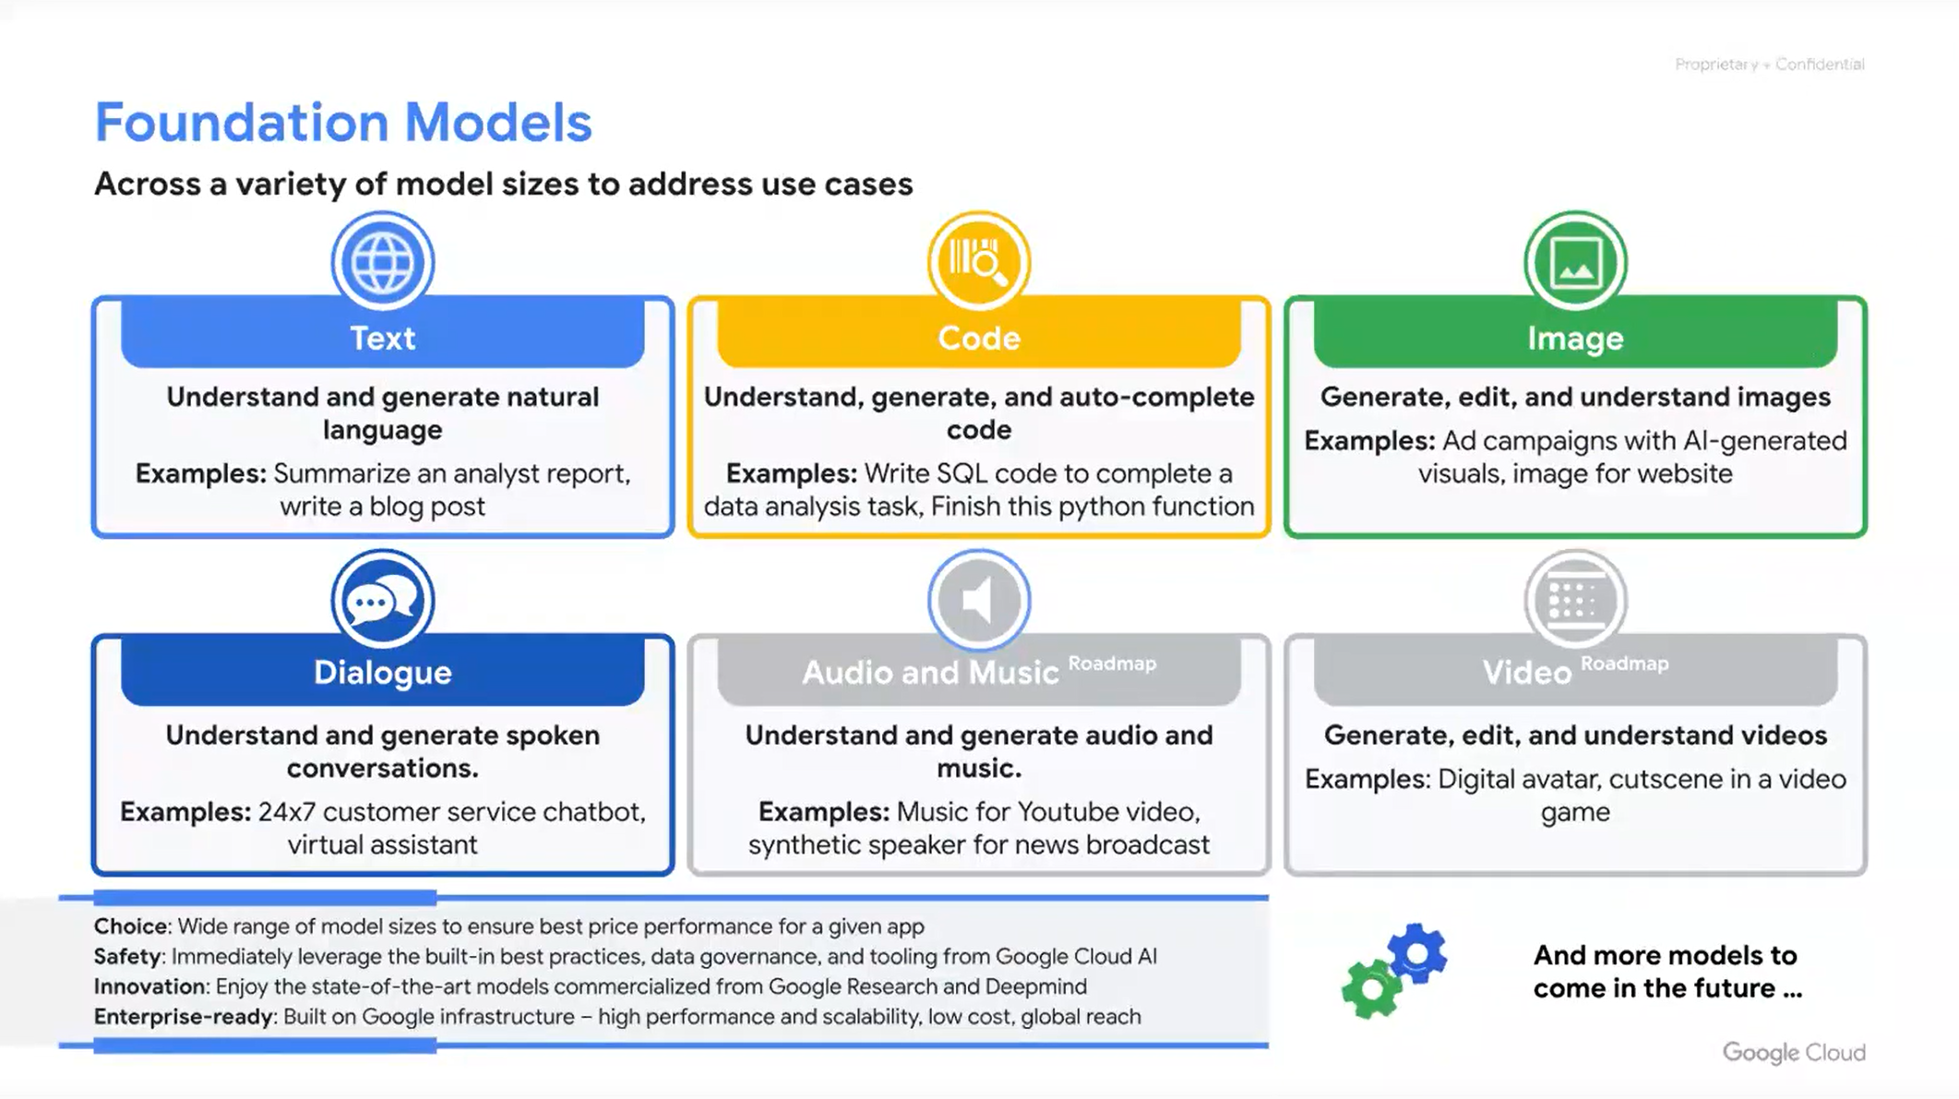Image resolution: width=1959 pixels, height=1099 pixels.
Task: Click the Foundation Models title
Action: coord(343,122)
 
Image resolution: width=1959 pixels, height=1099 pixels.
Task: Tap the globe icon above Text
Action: coord(383,262)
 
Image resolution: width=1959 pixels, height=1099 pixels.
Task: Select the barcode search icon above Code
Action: coord(979,262)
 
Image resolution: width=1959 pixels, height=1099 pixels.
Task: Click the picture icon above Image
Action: coord(1575,262)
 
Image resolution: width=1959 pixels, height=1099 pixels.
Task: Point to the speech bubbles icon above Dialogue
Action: coord(383,601)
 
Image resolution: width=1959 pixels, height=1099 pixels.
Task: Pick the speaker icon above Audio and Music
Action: coord(979,601)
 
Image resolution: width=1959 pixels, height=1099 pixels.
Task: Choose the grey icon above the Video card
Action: coord(1575,601)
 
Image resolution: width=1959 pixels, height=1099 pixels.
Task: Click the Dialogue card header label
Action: coord(383,672)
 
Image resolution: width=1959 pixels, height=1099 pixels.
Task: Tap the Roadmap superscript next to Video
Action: coord(1625,663)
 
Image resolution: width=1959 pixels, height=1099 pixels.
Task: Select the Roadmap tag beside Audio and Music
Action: coord(1112,663)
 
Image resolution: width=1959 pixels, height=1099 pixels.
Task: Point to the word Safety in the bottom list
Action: coord(128,956)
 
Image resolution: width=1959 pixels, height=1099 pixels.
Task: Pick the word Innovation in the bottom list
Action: coord(149,986)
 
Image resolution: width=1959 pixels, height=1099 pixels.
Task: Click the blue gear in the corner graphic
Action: coord(1416,953)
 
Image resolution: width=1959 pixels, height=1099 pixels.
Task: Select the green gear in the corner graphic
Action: coord(1372,988)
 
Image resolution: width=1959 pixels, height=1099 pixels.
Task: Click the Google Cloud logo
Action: coord(1794,1053)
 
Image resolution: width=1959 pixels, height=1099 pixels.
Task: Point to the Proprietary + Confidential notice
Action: coord(1770,65)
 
